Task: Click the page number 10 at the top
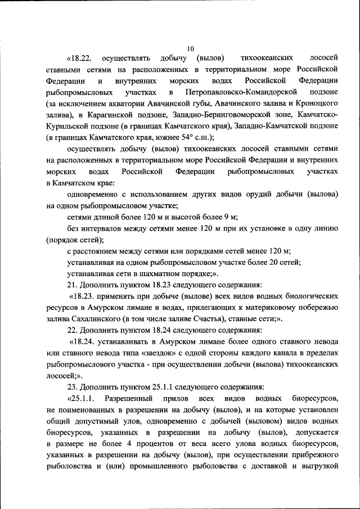click(191, 48)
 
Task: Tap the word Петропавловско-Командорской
click(237, 92)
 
